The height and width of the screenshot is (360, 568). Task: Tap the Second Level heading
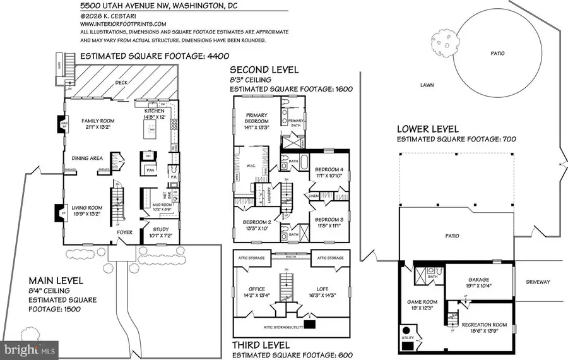point(264,69)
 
